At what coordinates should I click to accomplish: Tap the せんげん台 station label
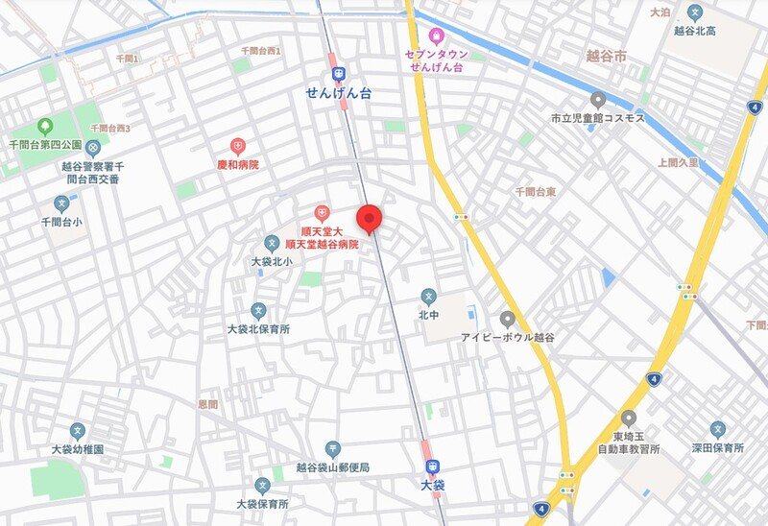[x=338, y=92]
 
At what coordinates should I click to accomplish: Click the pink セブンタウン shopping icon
[x=436, y=36]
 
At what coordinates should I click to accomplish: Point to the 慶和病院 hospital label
[x=238, y=165]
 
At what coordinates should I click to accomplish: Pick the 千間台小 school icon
[x=62, y=203]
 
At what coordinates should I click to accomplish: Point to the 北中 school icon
[x=428, y=297]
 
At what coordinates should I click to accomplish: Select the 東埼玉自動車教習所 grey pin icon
[x=629, y=418]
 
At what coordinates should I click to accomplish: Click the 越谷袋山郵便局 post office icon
[x=332, y=448]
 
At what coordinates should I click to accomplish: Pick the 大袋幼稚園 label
[x=78, y=449]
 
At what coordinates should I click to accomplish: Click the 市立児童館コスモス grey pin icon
[x=597, y=99]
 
